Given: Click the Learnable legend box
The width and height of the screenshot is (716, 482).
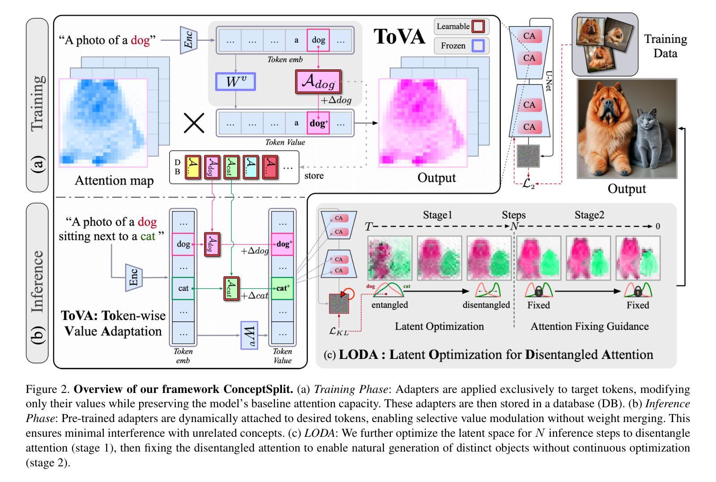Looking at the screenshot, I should point(461,26).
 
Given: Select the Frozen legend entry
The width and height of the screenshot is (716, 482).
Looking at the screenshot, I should point(461,46).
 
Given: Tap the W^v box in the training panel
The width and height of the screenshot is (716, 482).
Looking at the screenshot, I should point(235,81).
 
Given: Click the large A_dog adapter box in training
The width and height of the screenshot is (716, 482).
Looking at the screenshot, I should point(318,81).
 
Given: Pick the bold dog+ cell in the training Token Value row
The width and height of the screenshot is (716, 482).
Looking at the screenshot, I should point(318,123).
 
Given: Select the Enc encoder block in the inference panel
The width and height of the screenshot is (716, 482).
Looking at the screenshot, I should point(134,277).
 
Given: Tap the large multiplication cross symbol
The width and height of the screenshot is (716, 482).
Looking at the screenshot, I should point(194,123).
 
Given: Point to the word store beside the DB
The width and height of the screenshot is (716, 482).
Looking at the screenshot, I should point(314,176).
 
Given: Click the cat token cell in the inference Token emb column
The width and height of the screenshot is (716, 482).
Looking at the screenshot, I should point(183,288).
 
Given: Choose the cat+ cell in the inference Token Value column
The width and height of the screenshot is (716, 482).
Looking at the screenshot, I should point(282,288).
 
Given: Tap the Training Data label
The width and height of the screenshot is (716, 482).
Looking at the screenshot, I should point(665,46).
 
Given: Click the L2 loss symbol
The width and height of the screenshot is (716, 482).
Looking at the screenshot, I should point(528,184).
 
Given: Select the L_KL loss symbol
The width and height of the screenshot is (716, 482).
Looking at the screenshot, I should point(338,331).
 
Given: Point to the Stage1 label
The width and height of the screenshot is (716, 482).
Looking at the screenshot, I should point(437,215).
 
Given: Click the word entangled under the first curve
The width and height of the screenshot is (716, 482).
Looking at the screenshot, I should point(390,305).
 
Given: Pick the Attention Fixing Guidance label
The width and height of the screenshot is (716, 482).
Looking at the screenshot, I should point(589,326).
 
